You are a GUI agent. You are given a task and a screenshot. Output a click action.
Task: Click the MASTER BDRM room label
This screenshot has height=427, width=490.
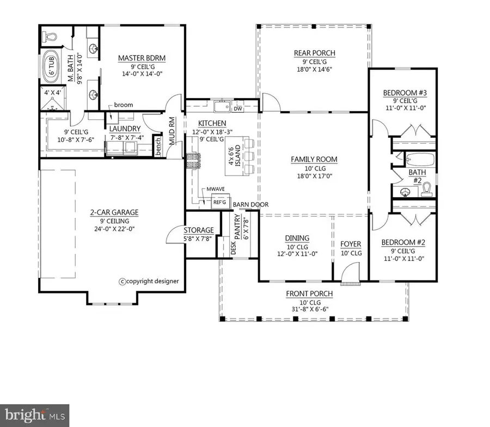click(x=142, y=57)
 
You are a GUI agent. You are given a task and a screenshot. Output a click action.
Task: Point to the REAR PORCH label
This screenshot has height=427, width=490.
click(x=314, y=53)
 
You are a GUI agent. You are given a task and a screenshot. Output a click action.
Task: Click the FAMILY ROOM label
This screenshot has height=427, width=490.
click(x=314, y=160)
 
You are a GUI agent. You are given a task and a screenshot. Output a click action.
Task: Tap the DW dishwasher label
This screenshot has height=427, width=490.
click(x=237, y=109)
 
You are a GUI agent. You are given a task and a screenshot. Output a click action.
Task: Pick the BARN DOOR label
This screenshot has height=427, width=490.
click(x=247, y=205)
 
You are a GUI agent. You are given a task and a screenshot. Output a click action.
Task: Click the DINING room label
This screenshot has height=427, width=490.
click(x=297, y=238)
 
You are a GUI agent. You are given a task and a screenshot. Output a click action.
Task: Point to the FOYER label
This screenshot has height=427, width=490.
click(x=351, y=243)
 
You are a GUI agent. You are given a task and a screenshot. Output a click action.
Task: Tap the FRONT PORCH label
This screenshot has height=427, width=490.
click(x=309, y=294)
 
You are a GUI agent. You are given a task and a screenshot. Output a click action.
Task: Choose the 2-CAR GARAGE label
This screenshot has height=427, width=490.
click(x=114, y=212)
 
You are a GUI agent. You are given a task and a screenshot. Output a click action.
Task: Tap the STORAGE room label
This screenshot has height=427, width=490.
click(x=199, y=230)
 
